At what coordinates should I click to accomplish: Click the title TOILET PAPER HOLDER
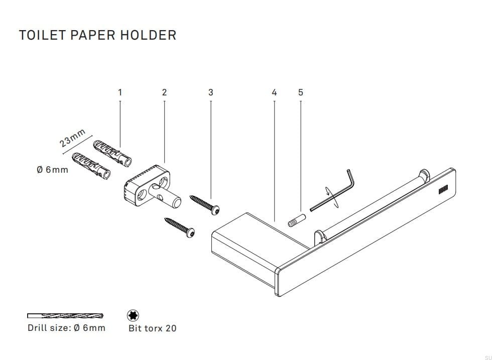pos(97,35)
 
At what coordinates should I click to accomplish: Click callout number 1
pos(120,92)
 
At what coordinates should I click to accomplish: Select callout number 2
pos(164,92)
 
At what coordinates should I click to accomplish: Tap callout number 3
pos(210,92)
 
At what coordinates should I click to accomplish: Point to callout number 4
pos(274,92)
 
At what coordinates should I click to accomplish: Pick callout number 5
pos(300,92)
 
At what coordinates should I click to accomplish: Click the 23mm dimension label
pos(73,138)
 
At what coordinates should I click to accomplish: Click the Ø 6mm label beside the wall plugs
pos(52,170)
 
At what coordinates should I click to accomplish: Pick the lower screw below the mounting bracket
pos(180,227)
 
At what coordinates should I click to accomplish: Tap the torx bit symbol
pos(134,316)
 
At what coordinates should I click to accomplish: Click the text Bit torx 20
pos(153,328)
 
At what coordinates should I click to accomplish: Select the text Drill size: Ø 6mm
pos(66,328)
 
